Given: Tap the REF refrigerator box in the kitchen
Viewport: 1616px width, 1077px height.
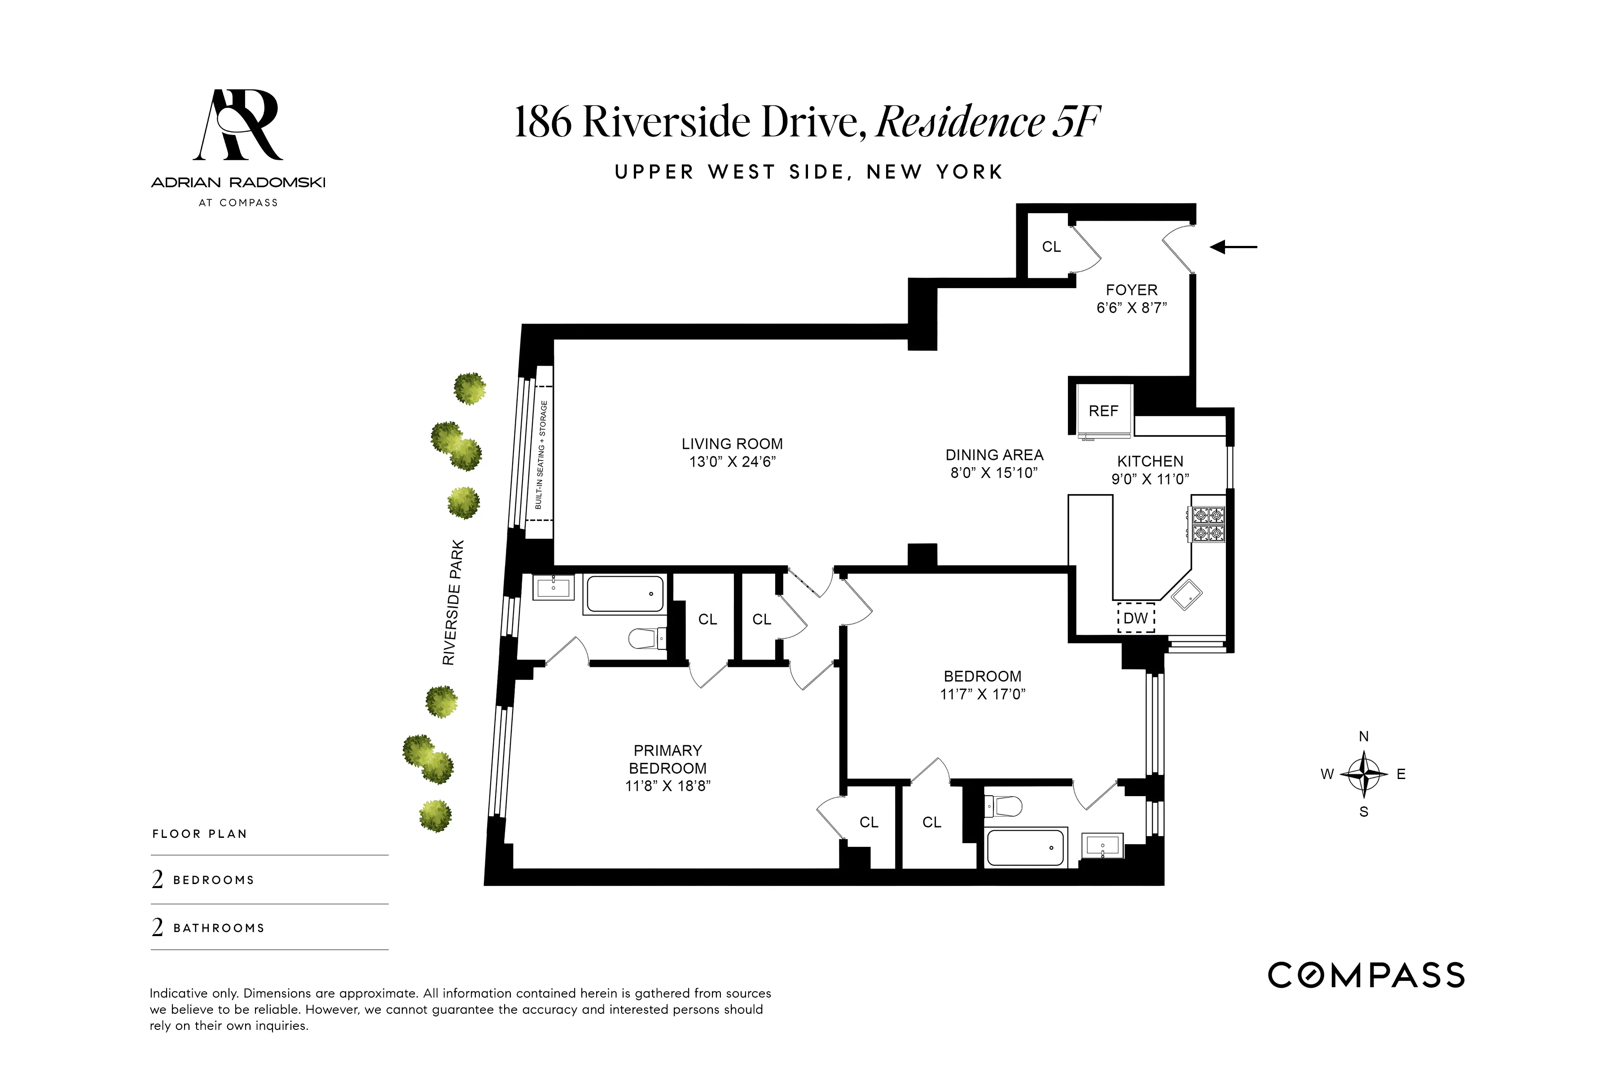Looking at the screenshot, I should tap(1103, 411).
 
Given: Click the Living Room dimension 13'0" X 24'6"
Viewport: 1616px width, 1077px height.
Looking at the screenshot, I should tap(733, 462).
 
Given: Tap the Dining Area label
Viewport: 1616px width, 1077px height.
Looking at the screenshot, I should tap(994, 455).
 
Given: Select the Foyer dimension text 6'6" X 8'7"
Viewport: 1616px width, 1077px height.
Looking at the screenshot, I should tap(1131, 308).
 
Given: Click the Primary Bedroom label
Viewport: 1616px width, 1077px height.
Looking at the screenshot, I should tap(667, 759).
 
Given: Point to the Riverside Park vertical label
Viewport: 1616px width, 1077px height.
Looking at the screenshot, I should tap(453, 602).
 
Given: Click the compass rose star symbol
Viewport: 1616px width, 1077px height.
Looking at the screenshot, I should tap(1364, 774).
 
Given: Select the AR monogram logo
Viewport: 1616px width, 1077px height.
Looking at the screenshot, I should tap(238, 125).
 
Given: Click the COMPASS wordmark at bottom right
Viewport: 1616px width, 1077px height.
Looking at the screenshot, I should tap(1366, 975).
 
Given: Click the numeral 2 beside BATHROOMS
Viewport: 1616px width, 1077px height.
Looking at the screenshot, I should tap(158, 928).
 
